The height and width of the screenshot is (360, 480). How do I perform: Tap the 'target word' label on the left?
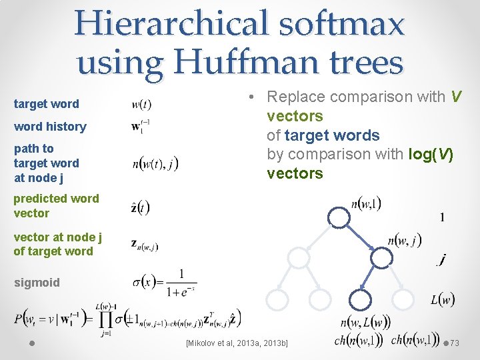(x=46, y=104)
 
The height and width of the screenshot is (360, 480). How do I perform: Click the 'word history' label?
(x=50, y=127)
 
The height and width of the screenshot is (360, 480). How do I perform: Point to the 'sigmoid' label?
(x=37, y=283)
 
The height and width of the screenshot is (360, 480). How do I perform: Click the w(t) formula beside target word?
(x=141, y=104)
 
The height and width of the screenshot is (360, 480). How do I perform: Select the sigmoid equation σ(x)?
(x=164, y=283)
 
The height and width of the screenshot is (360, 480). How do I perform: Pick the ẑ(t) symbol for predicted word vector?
(x=141, y=207)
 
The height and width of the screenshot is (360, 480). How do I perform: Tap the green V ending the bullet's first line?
(x=456, y=97)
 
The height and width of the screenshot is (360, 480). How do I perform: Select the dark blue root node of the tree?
(x=339, y=217)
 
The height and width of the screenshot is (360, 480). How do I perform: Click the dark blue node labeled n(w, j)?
(x=381, y=257)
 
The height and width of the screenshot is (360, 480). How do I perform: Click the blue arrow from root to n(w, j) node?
(x=361, y=237)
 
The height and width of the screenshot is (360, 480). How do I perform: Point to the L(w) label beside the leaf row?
(x=442, y=300)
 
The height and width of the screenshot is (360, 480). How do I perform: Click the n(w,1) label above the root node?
(x=366, y=202)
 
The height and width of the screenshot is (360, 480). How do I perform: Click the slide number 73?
(x=455, y=343)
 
